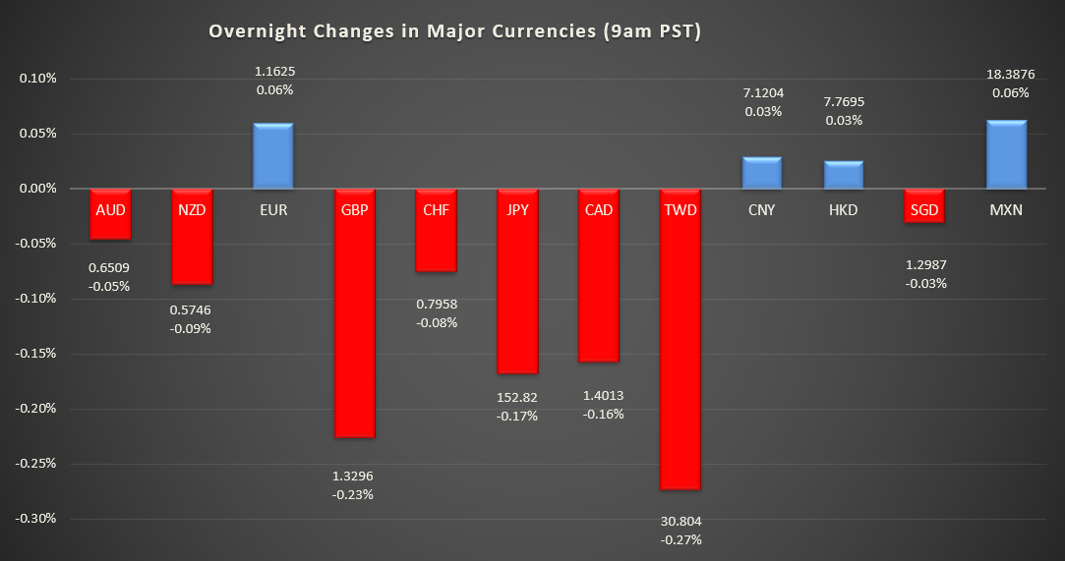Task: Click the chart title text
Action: pos(454,31)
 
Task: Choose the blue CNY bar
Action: pos(761,172)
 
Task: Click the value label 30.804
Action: pos(680,521)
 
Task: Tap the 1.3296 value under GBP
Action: pos(354,477)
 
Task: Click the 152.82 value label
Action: pos(516,397)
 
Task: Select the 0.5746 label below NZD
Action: pos(191,309)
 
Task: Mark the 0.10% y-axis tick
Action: pos(39,79)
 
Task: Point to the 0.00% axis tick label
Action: pos(39,189)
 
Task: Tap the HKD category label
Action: pos(843,209)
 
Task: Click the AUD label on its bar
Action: pos(109,209)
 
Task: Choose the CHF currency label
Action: pos(435,209)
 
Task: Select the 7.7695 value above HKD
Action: pos(843,101)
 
